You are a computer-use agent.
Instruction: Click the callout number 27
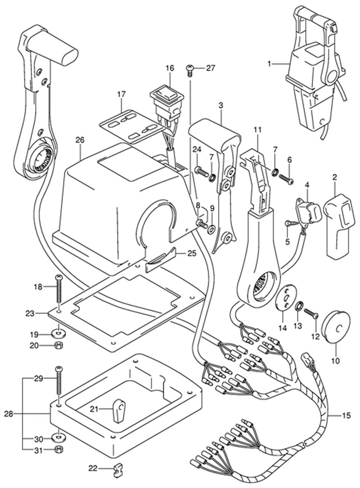(x=211, y=68)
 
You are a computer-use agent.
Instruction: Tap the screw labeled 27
(x=190, y=69)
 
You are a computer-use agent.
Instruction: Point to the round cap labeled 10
(x=337, y=321)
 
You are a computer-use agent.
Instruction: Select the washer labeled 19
(x=58, y=334)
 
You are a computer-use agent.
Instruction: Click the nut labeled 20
(x=58, y=346)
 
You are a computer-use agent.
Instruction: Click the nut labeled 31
(x=58, y=449)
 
